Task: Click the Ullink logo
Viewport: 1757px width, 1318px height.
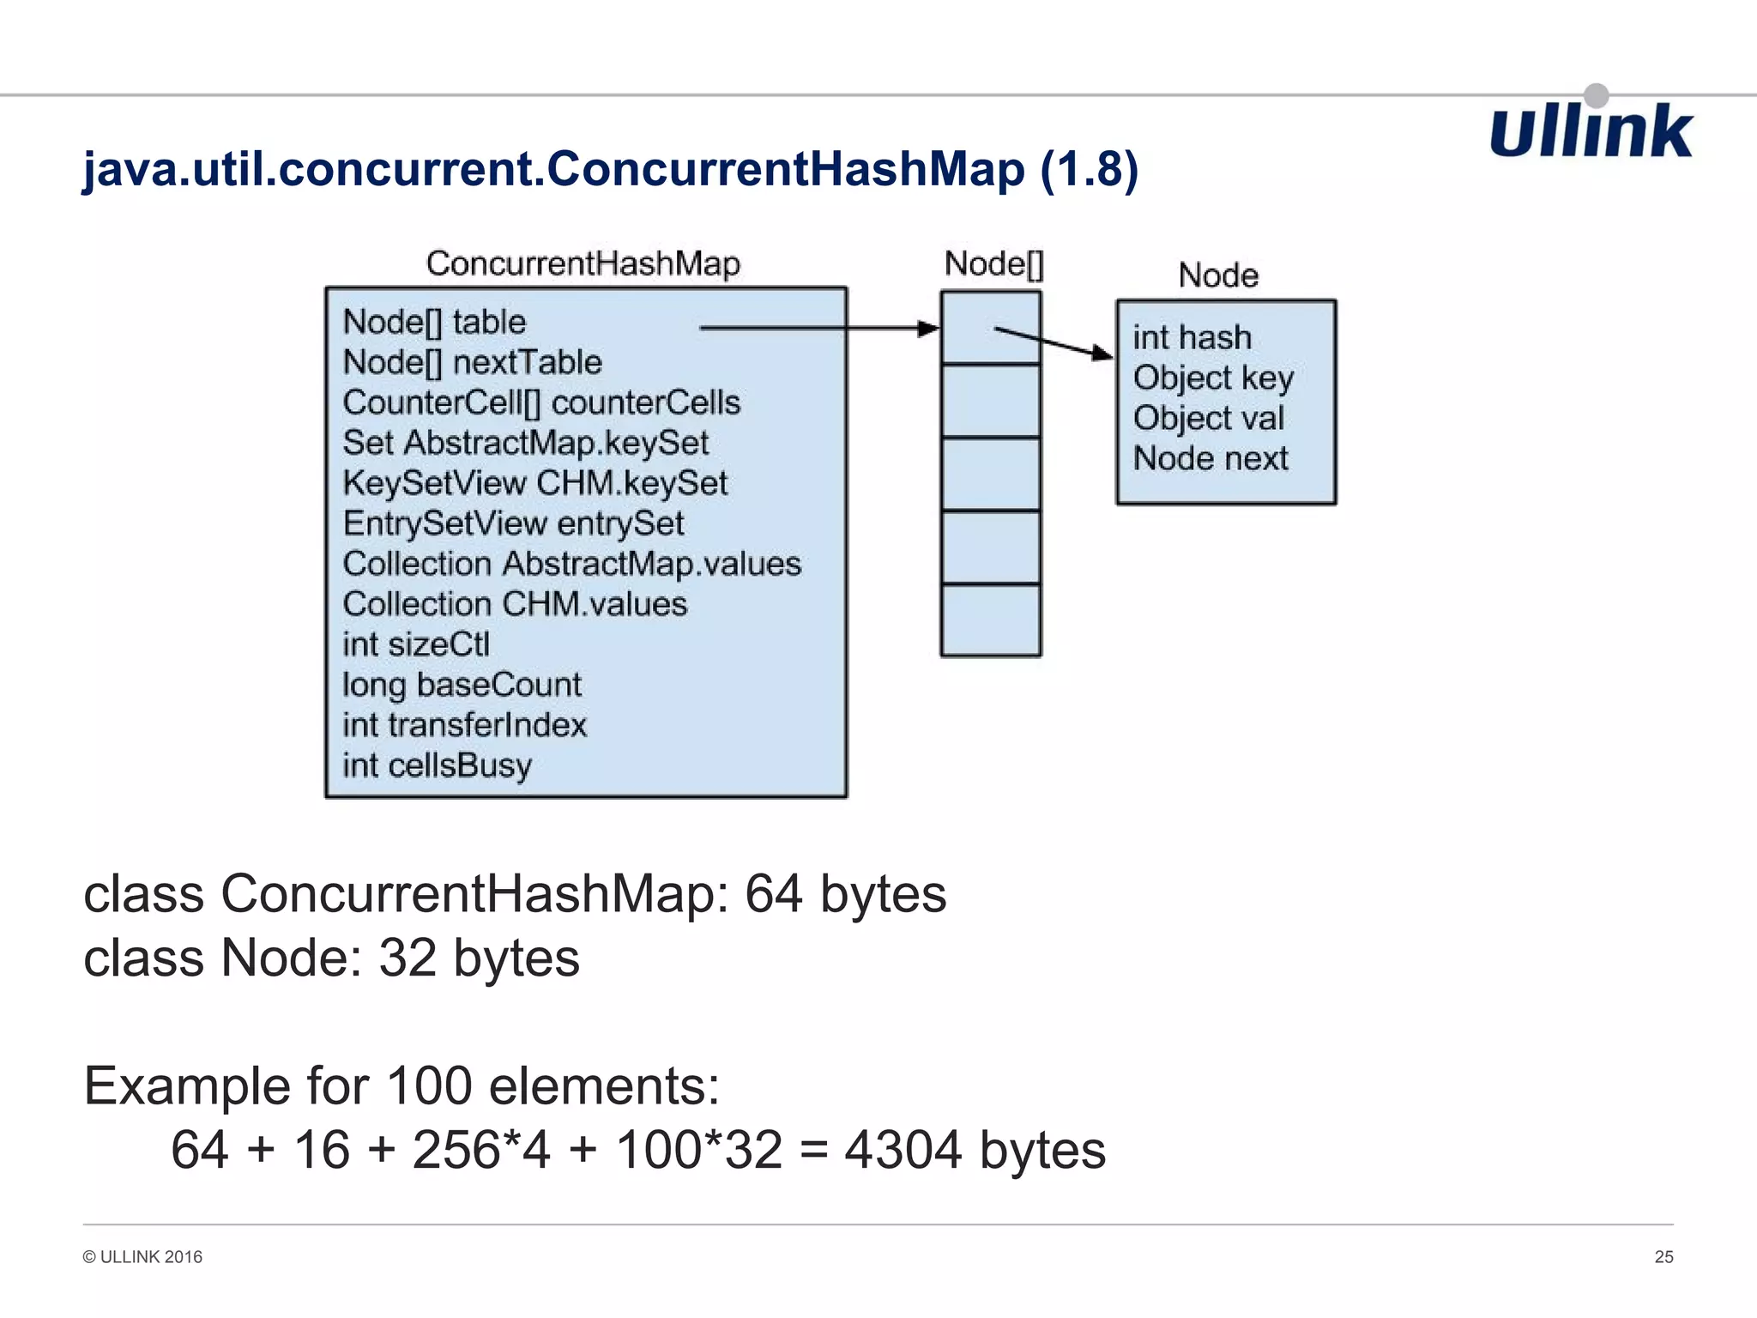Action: (1591, 131)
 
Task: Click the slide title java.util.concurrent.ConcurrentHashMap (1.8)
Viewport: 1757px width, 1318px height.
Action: (610, 168)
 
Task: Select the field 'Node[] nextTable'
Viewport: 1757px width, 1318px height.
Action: (472, 362)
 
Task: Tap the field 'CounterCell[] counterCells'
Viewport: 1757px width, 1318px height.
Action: (541, 402)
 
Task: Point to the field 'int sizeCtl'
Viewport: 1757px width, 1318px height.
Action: (416, 644)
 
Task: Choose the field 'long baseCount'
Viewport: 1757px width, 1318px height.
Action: (462, 685)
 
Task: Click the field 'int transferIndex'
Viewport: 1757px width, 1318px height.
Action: (464, 725)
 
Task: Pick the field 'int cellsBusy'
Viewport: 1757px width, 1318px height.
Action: (437, 765)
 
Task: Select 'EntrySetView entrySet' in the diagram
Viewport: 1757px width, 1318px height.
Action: (513, 523)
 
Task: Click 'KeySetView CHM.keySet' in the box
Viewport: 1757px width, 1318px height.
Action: (534, 483)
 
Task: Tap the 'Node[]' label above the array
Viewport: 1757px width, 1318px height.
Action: (993, 263)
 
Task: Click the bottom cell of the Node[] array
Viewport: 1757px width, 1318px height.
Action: (991, 620)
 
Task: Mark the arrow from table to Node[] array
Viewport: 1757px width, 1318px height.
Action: (819, 328)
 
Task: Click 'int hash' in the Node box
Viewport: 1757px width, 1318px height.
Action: (1192, 337)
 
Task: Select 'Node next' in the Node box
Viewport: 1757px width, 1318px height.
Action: (1211, 458)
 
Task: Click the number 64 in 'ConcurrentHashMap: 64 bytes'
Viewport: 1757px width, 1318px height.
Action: (773, 894)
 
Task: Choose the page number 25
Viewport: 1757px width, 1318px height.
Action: (1663, 1257)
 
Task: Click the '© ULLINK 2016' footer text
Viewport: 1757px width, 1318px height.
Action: (142, 1257)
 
